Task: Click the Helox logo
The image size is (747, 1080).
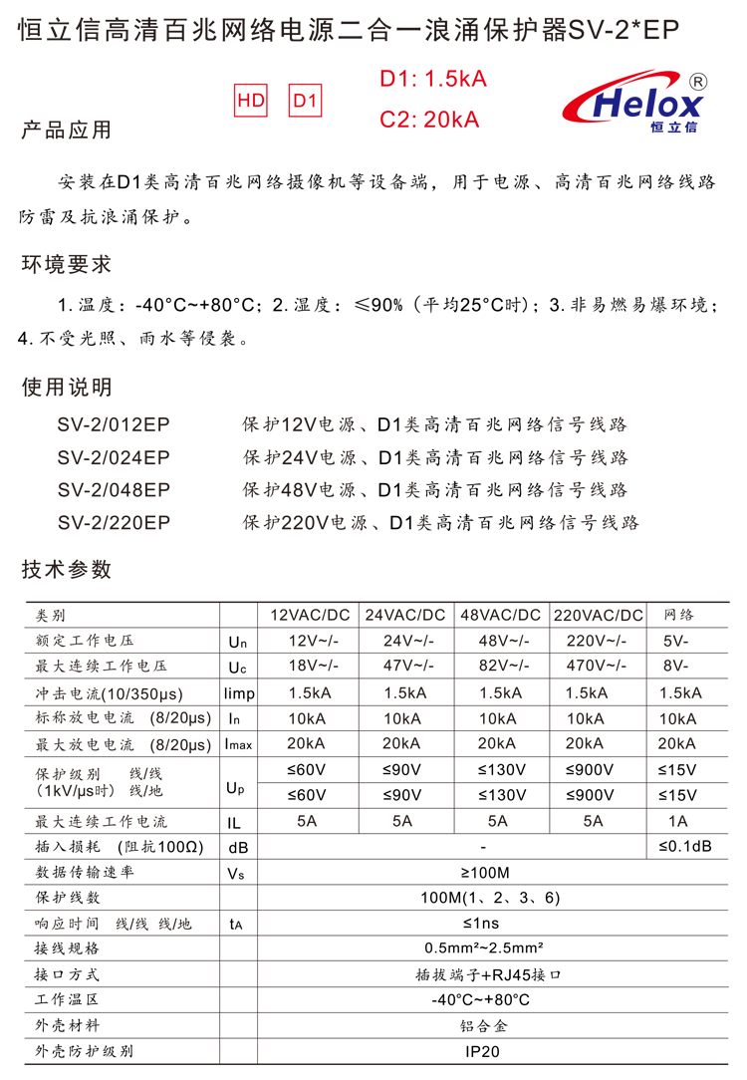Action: tap(635, 104)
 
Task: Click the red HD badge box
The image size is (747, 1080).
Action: tap(251, 101)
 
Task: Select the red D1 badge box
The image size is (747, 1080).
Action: tap(306, 101)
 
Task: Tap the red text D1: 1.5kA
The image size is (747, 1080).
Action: tap(433, 80)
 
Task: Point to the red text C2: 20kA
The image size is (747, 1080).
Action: tap(430, 120)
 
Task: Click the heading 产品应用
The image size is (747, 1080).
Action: tap(67, 132)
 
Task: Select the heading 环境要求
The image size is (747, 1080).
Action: tap(67, 265)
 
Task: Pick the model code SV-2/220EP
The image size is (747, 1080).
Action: tap(114, 522)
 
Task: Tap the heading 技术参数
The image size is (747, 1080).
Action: tap(67, 570)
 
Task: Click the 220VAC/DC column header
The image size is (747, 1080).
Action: tap(598, 615)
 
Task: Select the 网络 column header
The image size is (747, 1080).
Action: tap(677, 615)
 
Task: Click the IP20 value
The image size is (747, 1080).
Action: tap(482, 1051)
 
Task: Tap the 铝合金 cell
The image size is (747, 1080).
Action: tap(482, 1025)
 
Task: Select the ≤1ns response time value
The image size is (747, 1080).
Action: tap(482, 924)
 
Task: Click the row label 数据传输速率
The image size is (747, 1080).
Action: tap(85, 873)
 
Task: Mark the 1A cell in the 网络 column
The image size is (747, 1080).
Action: tap(677, 822)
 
